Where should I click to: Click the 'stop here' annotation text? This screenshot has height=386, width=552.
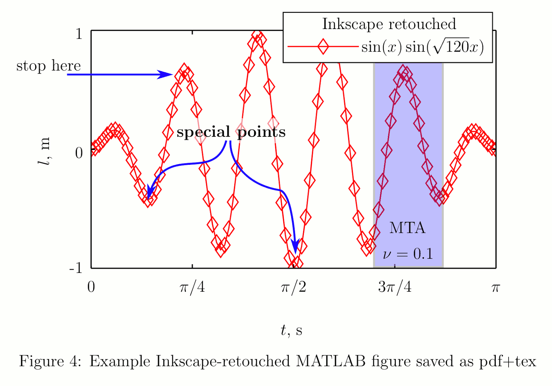[48, 66]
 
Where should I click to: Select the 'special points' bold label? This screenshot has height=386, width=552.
[231, 132]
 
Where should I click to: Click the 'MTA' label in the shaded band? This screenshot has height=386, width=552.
[407, 228]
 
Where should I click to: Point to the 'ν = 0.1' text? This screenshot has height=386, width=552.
[408, 254]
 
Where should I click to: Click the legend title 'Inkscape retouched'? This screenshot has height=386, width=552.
[389, 24]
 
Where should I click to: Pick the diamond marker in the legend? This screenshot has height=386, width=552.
[323, 46]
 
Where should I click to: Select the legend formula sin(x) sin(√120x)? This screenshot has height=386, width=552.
[422, 47]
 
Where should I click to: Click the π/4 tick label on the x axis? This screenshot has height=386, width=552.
[192, 287]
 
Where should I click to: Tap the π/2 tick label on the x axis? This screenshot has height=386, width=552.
[293, 287]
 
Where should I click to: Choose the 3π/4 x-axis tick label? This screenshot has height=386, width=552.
[395, 287]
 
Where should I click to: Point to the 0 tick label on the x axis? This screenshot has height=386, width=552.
[91, 287]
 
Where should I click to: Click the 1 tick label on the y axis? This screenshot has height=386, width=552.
[79, 34]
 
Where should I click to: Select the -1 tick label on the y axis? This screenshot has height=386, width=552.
[76, 268]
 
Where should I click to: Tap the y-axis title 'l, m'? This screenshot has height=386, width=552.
[44, 151]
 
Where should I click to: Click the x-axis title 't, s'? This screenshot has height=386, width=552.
[291, 330]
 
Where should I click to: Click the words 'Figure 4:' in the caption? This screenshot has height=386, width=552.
[50, 361]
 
